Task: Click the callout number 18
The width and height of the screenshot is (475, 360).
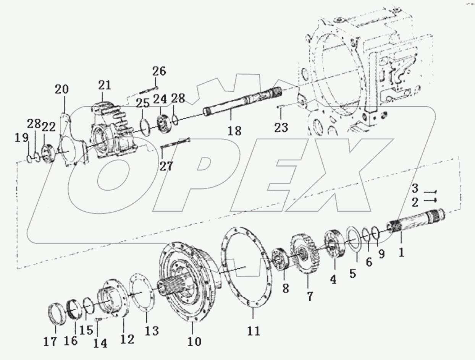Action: (x=234, y=131)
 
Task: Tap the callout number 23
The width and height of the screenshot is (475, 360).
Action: (x=281, y=127)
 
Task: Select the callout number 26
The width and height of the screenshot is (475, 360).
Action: (x=159, y=71)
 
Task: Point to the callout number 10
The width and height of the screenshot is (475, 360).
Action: (x=194, y=341)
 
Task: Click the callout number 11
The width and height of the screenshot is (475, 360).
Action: (x=254, y=330)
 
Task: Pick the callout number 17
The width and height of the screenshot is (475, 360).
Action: (x=50, y=341)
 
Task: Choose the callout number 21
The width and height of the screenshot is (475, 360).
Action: (x=104, y=84)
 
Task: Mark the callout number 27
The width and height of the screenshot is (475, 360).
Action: (x=166, y=166)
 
